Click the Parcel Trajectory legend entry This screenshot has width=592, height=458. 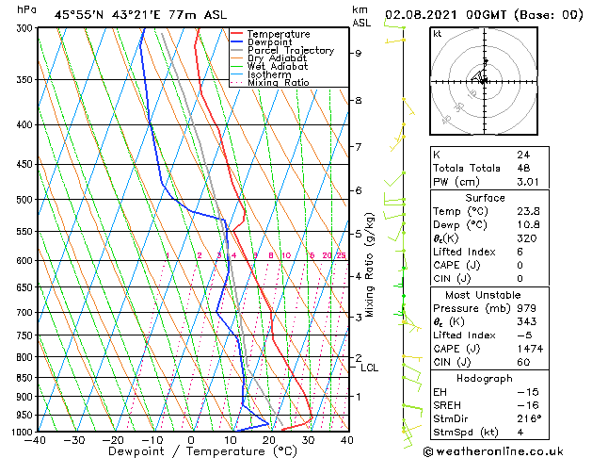pos(290,50)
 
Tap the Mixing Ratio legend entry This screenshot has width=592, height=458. pos(279,83)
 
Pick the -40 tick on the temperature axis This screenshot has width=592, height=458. pos(36,440)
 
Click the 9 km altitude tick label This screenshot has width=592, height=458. pos(358,53)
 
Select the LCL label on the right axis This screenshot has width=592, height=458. pos(369,368)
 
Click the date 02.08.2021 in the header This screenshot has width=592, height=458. pos(420,14)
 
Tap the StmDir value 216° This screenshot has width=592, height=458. pos(530,418)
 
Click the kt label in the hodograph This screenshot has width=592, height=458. pos(438,33)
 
